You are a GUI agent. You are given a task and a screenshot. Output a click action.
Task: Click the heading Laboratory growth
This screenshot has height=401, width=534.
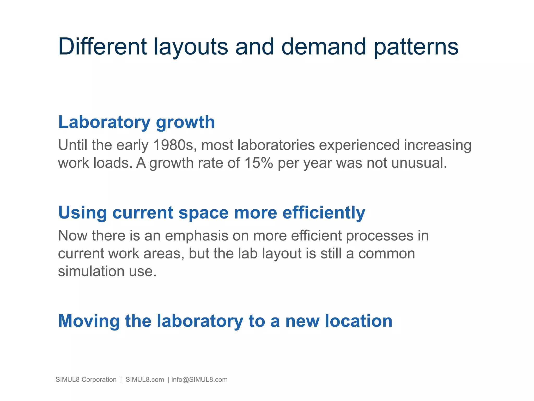pos(136,122)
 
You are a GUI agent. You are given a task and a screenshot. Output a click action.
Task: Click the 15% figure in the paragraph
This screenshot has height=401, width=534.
pos(258,163)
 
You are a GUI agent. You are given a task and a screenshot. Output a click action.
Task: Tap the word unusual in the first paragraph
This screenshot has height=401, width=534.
pos(419,163)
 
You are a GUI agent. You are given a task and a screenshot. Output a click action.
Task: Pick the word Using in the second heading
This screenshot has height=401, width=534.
pos(82,213)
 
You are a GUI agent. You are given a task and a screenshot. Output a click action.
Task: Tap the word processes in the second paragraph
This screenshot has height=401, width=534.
pos(380,236)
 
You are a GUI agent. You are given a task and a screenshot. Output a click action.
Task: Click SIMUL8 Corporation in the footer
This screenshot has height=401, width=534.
pos(86,380)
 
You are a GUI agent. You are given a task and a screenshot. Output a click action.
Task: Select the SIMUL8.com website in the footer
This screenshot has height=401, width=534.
pos(145,380)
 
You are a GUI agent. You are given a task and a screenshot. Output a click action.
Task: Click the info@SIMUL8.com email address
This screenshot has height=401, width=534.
pos(199,380)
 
